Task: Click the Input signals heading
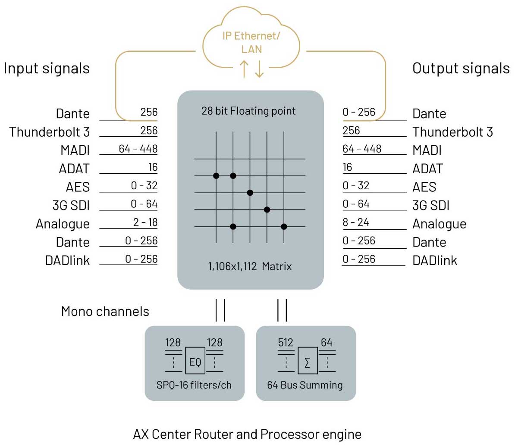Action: (x=47, y=69)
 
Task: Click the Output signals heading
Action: (x=461, y=69)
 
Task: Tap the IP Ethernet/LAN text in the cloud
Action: (x=251, y=42)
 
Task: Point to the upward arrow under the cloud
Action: (x=244, y=69)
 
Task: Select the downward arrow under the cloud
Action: (x=259, y=69)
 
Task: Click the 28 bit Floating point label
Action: (x=248, y=111)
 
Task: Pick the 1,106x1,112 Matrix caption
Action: (x=250, y=266)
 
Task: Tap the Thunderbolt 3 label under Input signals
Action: (x=49, y=132)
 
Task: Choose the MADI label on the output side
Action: (x=427, y=150)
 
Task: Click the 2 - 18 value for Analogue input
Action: (x=145, y=222)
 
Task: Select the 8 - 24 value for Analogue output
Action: (x=356, y=222)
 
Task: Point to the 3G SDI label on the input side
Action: (x=71, y=206)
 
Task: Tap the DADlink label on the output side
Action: (x=435, y=261)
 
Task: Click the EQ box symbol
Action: (x=195, y=361)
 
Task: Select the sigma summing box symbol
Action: (x=307, y=362)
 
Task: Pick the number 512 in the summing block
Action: (x=286, y=343)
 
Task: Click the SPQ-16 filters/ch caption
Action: (x=194, y=385)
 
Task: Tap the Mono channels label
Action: (x=105, y=311)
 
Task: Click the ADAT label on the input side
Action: (x=74, y=169)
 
